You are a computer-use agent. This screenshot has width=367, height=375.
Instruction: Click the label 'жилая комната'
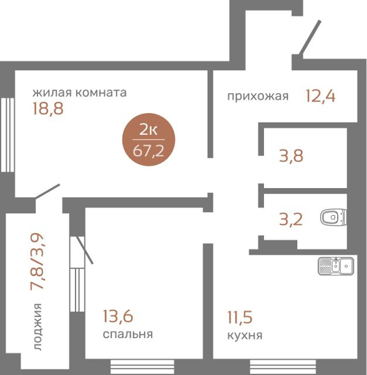pos(80,93)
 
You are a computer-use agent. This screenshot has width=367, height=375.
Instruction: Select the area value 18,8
pos(48,109)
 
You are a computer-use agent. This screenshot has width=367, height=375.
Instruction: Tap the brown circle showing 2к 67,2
pos(148,141)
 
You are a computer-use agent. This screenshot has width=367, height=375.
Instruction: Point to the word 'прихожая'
pos(257,96)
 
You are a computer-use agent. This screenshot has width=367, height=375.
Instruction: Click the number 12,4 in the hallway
pos(320,96)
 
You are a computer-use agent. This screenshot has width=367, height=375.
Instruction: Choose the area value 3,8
pos(291,156)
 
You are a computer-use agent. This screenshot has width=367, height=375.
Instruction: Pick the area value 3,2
pos(290,219)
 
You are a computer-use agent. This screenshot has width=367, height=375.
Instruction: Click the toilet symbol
pos(333,218)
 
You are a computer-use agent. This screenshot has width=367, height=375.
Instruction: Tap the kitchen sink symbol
pos(335,266)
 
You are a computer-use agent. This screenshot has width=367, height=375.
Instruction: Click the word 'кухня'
pos(244,336)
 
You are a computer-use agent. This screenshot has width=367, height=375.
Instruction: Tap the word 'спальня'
pos(127,334)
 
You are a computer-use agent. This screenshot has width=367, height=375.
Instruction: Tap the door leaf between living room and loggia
pos(48,192)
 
